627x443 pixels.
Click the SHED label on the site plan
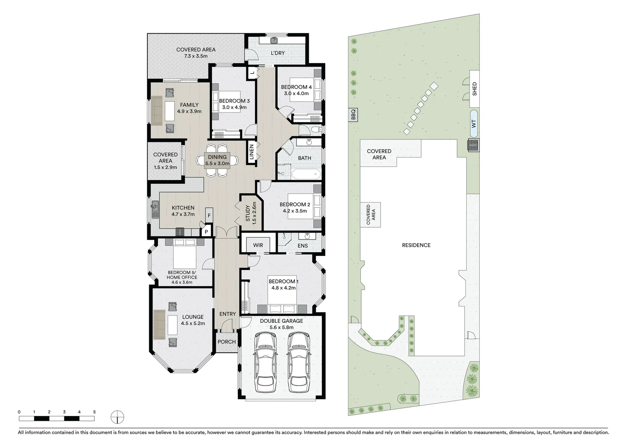click(x=474, y=89)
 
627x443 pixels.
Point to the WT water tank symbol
click(x=474, y=123)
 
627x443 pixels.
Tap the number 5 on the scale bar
click(x=94, y=412)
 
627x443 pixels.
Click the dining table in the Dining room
click(x=217, y=160)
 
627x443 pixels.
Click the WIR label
click(x=258, y=245)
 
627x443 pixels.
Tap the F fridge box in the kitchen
click(x=209, y=215)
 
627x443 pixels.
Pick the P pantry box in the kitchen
click(x=206, y=232)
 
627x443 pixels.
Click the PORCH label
click(x=226, y=342)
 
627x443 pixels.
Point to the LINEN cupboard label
click(x=252, y=153)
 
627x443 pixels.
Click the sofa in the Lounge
click(x=159, y=324)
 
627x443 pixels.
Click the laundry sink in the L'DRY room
click(x=274, y=40)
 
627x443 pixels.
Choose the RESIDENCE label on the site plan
click(x=416, y=245)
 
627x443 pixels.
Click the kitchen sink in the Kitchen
click(x=155, y=210)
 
